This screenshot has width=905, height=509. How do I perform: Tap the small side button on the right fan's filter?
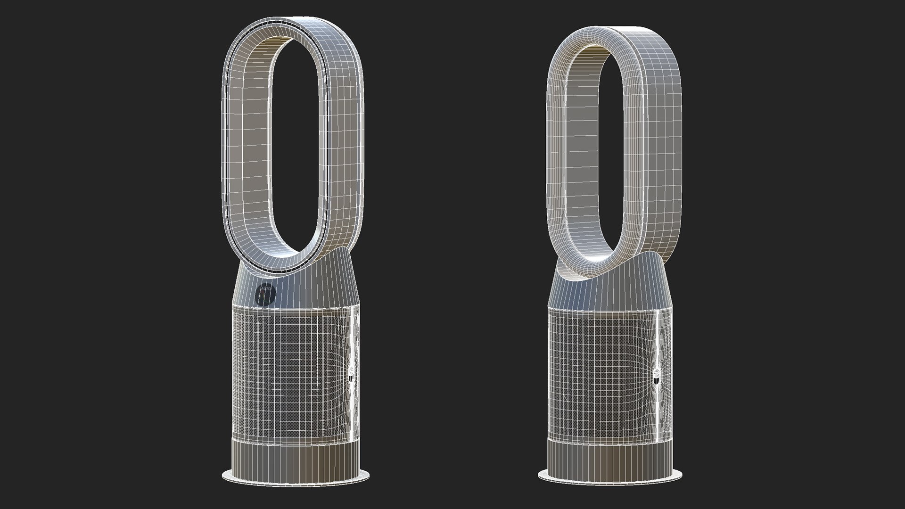click(658, 377)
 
